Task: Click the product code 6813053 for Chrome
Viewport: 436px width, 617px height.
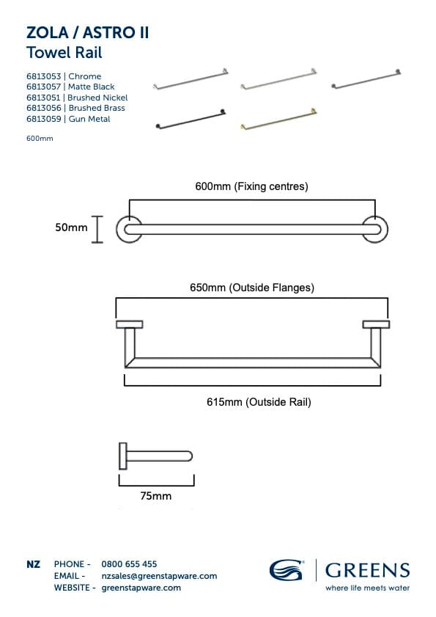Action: click(44, 76)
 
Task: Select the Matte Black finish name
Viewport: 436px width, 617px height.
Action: click(91, 87)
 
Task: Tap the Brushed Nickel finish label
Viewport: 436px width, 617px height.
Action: click(97, 97)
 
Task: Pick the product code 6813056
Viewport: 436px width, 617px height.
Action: click(44, 108)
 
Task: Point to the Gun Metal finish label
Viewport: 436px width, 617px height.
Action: click(89, 119)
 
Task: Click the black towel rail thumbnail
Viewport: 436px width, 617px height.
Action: click(191, 119)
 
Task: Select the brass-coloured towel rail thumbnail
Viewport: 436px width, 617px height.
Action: click(278, 119)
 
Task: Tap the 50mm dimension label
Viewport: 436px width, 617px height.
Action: click(71, 227)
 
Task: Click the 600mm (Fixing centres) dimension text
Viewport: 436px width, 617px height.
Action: click(251, 186)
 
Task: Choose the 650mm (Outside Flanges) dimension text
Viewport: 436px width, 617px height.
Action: click(252, 288)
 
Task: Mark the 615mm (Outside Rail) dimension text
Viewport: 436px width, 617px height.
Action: click(259, 402)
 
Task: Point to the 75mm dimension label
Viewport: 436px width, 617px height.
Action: click(155, 496)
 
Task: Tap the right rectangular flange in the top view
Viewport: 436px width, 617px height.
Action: click(376, 324)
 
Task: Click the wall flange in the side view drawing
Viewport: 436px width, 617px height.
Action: click(122, 456)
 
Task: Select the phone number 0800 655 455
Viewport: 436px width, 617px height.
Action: click(129, 564)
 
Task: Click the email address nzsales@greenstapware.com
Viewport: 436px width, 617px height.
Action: click(159, 576)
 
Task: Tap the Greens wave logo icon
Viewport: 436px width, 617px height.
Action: click(287, 570)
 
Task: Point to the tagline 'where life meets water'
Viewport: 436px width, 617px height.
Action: click(367, 588)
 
